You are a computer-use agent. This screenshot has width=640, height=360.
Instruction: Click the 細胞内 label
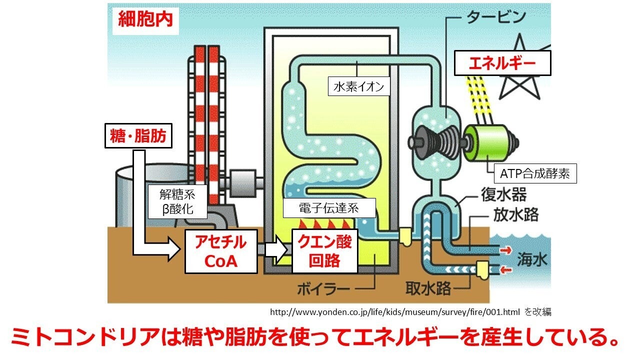[145, 19]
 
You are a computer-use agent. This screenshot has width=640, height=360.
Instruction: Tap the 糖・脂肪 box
[138, 136]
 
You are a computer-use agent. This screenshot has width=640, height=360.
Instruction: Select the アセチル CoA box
[221, 251]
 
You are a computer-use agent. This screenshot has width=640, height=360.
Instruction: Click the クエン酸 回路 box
[324, 251]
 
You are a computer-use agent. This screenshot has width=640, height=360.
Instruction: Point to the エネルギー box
[501, 63]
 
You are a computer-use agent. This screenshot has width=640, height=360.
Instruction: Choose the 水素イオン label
[358, 86]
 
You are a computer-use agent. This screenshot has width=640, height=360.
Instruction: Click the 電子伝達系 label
[329, 208]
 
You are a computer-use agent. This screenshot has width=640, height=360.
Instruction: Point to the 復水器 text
[503, 193]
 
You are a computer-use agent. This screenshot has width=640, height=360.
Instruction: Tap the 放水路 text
[516, 215]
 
